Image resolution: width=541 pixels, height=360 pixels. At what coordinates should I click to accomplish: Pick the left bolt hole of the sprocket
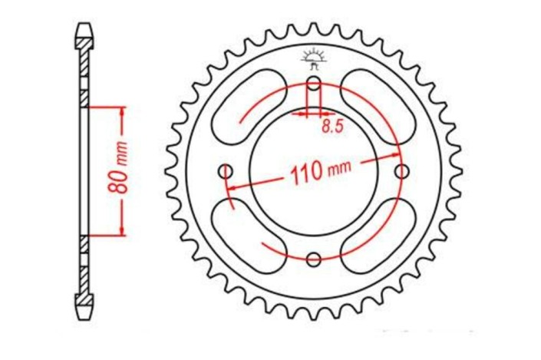[x=226, y=170]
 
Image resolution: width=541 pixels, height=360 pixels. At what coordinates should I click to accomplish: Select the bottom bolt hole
[x=314, y=259]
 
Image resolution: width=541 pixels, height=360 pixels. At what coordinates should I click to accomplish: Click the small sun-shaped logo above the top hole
[x=314, y=58]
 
